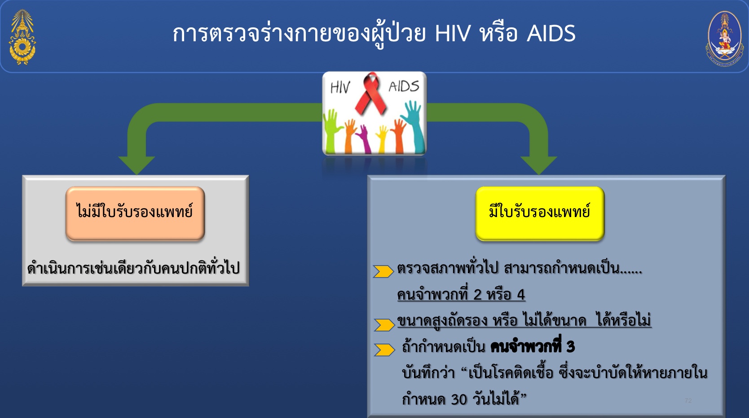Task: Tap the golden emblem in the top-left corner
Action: (x=22, y=37)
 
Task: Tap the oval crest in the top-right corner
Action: (x=725, y=39)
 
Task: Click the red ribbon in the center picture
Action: (x=370, y=94)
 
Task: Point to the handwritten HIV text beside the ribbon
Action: (x=340, y=87)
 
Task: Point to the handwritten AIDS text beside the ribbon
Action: (x=404, y=86)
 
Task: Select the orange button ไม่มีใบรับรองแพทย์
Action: (x=135, y=213)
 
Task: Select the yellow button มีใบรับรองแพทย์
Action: (x=540, y=213)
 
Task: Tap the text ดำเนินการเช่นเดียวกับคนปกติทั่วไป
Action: (x=134, y=268)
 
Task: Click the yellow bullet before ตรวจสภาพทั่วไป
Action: (x=383, y=271)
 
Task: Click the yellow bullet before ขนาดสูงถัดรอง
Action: (x=384, y=325)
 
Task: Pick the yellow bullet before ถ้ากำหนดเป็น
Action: (x=384, y=350)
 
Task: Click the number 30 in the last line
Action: (x=459, y=399)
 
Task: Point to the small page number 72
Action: (x=688, y=401)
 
